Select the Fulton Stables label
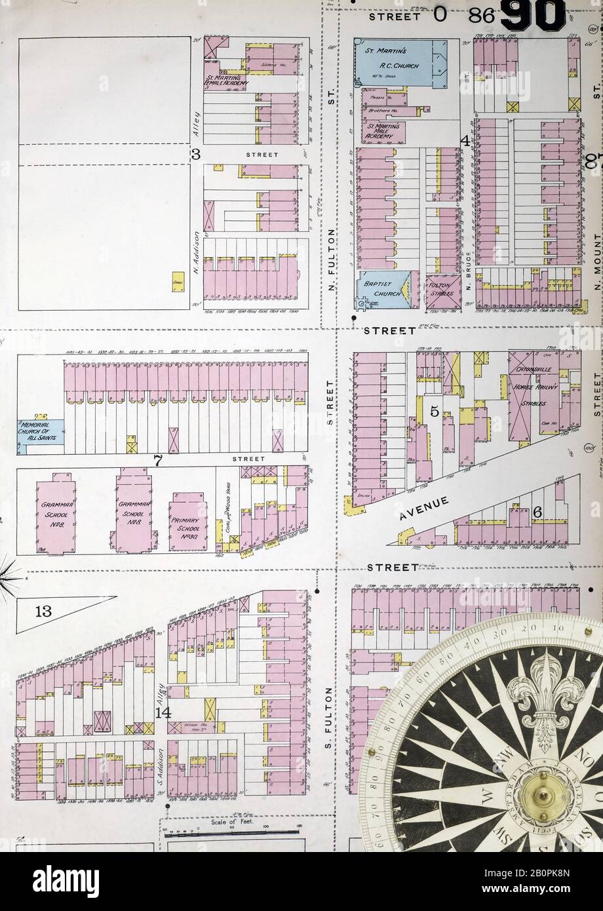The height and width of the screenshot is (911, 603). (441, 289)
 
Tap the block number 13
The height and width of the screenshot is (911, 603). (43, 612)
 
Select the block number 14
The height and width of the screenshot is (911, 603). (163, 712)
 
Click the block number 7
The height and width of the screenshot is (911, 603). (157, 461)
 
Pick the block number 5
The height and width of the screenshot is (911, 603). (433, 412)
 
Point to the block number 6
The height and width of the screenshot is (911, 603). (537, 513)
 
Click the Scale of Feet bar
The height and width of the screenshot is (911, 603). (233, 832)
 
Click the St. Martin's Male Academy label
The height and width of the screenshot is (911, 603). (384, 130)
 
